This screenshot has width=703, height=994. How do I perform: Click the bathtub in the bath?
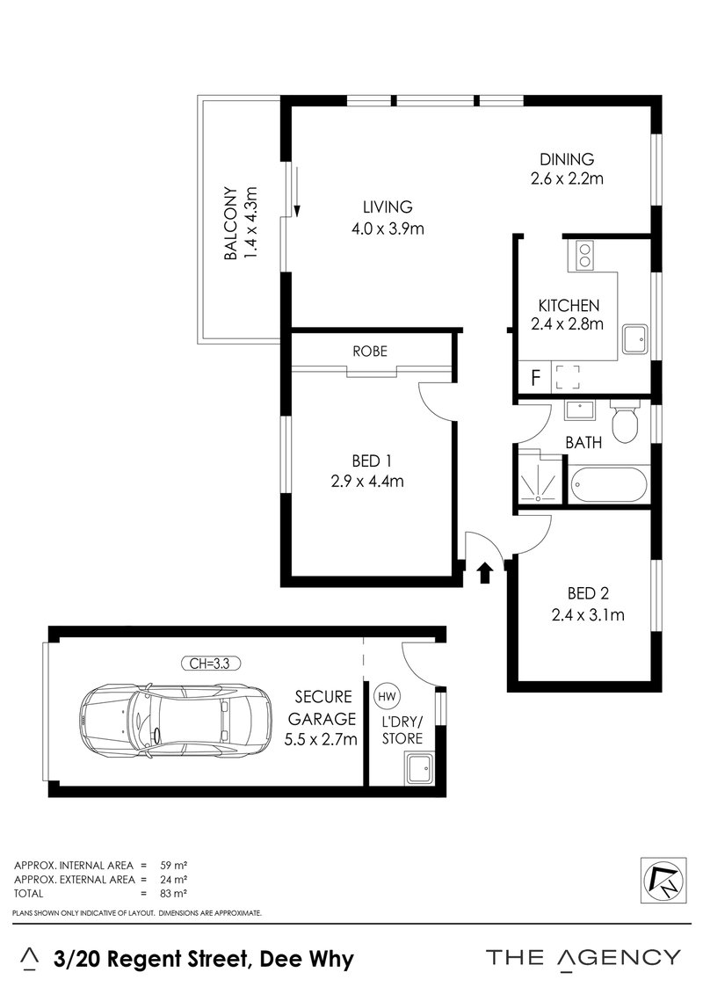tap(608, 485)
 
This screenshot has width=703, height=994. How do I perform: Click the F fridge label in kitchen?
tap(534, 379)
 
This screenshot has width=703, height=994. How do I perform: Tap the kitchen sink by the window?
tap(634, 338)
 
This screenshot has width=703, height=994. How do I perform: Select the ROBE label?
tap(370, 350)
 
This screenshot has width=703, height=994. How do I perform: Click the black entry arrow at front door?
tap(482, 573)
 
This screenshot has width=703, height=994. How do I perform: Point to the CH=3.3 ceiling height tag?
tap(209, 664)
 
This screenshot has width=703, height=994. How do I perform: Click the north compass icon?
tap(661, 878)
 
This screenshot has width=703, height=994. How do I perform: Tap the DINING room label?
tap(567, 159)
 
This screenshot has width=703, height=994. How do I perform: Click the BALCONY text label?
tap(230, 223)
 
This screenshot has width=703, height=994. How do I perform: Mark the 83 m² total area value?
tap(177, 893)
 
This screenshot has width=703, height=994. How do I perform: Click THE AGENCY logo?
tap(583, 957)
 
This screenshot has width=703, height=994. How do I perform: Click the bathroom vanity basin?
tap(579, 410)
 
